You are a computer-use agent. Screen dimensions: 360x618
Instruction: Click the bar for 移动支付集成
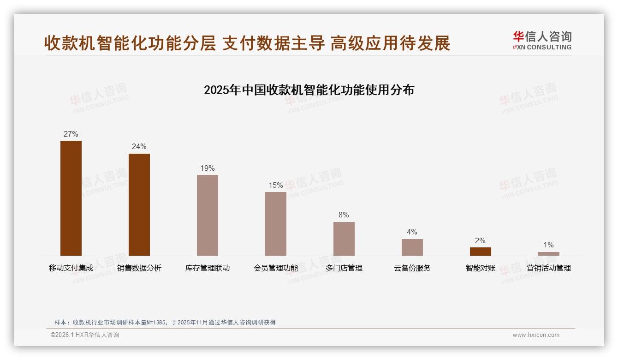point(71,198)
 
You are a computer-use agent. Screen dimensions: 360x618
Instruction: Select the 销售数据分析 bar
point(139,204)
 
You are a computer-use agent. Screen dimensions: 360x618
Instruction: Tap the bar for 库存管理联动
point(208,215)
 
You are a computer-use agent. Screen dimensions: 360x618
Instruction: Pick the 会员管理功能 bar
point(276,224)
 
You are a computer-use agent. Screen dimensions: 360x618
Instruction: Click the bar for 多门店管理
point(344,239)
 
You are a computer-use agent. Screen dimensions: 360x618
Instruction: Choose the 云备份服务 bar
point(412,247)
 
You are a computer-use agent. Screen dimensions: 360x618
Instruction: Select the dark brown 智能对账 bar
point(480,252)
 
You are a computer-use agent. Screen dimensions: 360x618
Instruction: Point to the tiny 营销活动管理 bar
point(548,254)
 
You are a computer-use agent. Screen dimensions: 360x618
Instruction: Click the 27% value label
point(71,134)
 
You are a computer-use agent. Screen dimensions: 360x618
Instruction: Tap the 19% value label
point(208,168)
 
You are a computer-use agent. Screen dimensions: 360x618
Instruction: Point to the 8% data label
point(344,215)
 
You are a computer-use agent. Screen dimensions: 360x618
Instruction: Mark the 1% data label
point(548,245)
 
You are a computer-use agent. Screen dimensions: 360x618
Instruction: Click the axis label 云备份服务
point(412,268)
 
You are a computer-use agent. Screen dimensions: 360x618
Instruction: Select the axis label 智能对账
point(480,268)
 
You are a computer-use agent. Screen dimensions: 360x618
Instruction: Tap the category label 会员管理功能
point(276,268)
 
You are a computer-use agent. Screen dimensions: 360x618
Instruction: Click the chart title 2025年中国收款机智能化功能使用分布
point(309,90)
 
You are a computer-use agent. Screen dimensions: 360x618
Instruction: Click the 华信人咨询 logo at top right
point(542,40)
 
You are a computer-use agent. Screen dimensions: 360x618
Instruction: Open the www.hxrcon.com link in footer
point(536,335)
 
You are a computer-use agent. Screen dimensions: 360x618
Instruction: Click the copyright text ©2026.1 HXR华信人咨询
point(85,335)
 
